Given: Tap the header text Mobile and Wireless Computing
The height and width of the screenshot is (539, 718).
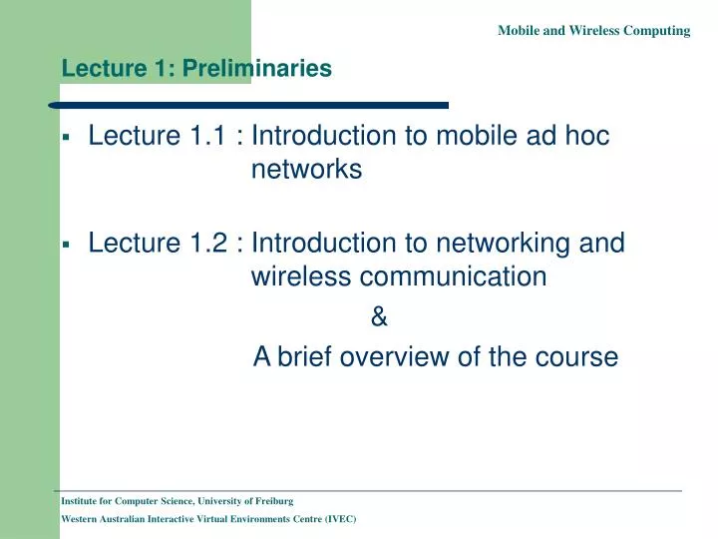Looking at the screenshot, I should (593, 31).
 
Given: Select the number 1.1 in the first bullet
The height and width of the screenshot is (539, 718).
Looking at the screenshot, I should (208, 136).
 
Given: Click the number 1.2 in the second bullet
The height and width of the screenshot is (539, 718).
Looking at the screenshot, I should (208, 243).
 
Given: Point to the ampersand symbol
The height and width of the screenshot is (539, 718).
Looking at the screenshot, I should (378, 318).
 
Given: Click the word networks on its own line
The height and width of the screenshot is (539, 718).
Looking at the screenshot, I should (306, 171).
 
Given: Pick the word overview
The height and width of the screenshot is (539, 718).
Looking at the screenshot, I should (395, 356).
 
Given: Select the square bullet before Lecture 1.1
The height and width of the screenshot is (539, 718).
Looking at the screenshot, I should (65, 138).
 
